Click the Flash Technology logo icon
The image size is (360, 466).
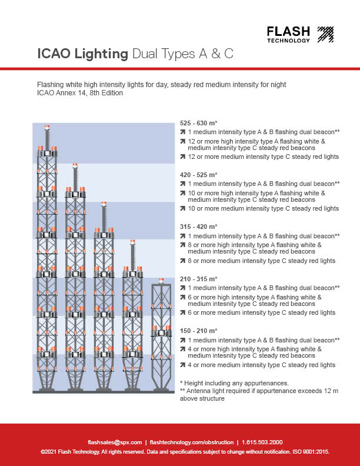click(325, 34)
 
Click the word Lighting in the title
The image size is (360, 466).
click(99, 55)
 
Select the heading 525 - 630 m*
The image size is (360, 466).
click(198, 124)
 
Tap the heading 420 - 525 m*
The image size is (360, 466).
click(198, 175)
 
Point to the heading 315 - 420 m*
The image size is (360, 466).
click(198, 227)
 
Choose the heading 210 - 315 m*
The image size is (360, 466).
click(198, 279)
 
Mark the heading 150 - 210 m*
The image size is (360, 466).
click(198, 331)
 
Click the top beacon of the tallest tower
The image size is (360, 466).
click(47, 127)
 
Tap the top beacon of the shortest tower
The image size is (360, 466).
click(161, 280)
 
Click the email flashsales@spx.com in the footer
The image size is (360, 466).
click(115, 442)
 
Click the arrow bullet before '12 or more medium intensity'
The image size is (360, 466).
click(183, 157)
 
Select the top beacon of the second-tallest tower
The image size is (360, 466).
click(75, 166)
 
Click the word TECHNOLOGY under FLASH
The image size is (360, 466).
click(288, 41)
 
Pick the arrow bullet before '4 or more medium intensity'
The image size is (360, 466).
click(183, 365)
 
